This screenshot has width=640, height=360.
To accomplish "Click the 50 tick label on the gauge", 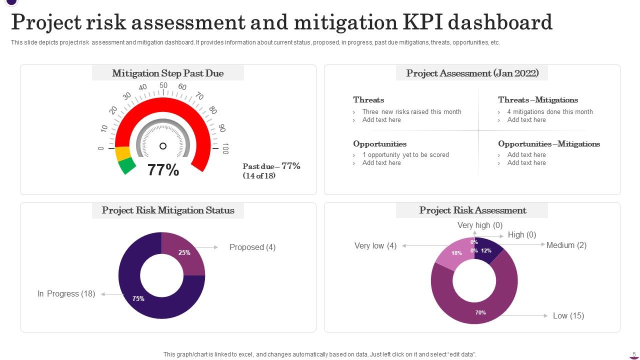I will (163, 85).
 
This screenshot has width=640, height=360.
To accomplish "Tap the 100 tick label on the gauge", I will (225, 148).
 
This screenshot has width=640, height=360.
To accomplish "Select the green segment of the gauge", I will (127, 166).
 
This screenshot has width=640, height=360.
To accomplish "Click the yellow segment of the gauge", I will (122, 153).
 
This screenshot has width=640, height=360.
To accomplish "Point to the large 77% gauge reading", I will (163, 170).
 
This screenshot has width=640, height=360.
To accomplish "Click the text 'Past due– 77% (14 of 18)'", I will (271, 171).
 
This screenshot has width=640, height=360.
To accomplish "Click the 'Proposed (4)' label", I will (252, 247).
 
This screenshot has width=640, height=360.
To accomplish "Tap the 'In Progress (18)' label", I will (66, 294).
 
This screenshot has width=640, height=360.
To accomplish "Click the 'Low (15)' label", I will (568, 315).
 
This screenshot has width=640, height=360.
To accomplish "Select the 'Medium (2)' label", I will (566, 245).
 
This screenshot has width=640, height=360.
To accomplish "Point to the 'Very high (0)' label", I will (480, 225).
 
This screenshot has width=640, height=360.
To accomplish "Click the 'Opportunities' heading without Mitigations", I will (379, 144).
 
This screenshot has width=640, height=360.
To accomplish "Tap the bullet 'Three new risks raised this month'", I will (411, 112).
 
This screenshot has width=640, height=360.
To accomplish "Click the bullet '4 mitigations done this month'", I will (550, 112).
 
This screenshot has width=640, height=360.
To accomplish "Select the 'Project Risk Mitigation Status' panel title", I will (168, 210).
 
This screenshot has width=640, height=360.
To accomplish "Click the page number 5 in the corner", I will (634, 354).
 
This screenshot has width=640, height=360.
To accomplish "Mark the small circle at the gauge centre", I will (163, 146).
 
